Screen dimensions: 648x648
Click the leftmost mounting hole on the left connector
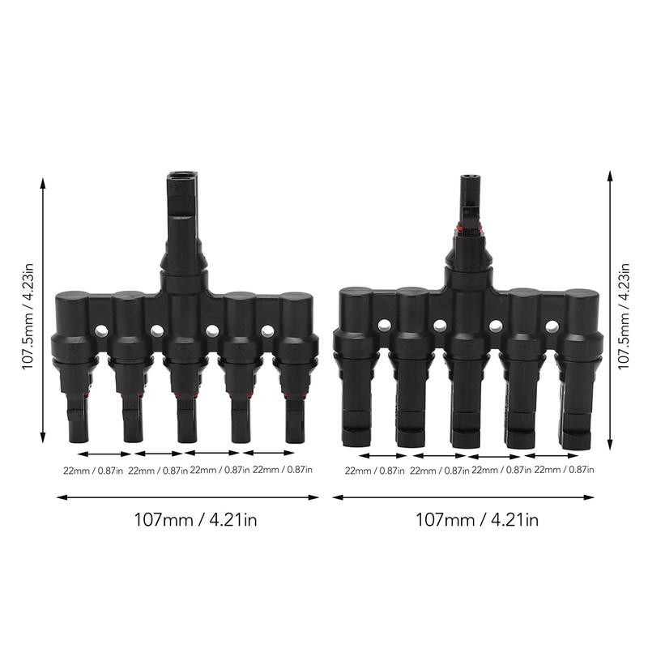[x=102, y=331]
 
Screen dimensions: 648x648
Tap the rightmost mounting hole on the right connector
[x=552, y=326]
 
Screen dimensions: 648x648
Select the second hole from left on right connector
[x=440, y=326]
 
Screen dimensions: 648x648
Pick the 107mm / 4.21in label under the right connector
[x=475, y=520]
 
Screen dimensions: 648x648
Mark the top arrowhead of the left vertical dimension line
[x=43, y=183]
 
